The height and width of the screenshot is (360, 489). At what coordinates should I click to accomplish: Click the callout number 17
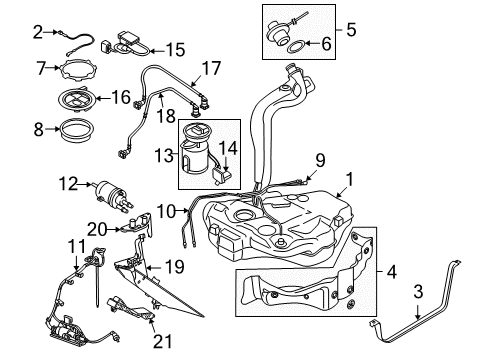coord(211,68)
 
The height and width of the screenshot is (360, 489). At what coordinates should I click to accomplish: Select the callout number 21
coord(163,341)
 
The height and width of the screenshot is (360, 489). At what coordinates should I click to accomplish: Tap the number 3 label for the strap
coord(418,291)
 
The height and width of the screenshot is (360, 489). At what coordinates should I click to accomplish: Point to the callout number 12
coord(69,184)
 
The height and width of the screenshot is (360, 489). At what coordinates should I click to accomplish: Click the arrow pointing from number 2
coord(52,32)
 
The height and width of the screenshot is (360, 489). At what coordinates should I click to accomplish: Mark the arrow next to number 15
coord(157,51)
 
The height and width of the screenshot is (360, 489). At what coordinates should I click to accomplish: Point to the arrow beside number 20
coord(114,229)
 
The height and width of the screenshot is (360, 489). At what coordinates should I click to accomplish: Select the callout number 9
coord(320,161)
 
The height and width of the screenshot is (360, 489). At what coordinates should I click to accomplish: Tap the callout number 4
coord(392,272)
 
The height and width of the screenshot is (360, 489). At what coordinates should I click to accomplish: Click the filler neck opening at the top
coord(293,67)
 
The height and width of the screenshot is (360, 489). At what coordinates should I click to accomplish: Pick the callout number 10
coord(166,211)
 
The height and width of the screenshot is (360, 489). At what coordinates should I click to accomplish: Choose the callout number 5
coord(351,29)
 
